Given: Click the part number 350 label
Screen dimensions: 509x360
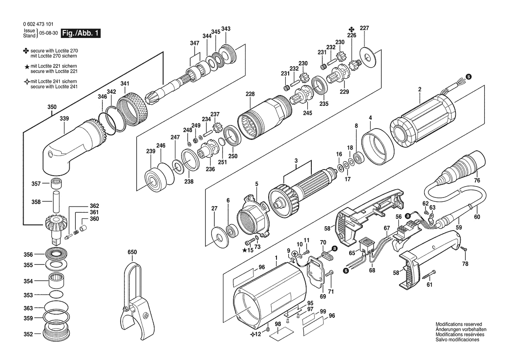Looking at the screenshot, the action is (x=52, y=107).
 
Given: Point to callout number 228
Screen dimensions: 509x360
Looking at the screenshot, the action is (x=250, y=94).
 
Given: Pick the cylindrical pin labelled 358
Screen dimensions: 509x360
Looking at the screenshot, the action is (x=56, y=202).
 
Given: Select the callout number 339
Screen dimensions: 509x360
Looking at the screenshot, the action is (x=64, y=119).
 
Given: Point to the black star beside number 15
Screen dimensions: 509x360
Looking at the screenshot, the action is (x=244, y=250).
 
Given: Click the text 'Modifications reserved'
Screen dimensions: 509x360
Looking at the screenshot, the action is (x=458, y=324).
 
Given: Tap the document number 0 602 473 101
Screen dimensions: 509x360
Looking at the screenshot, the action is (x=38, y=24).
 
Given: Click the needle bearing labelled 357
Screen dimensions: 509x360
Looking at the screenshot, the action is (x=56, y=183).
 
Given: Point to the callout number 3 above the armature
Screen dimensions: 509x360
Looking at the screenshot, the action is (x=296, y=160).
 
